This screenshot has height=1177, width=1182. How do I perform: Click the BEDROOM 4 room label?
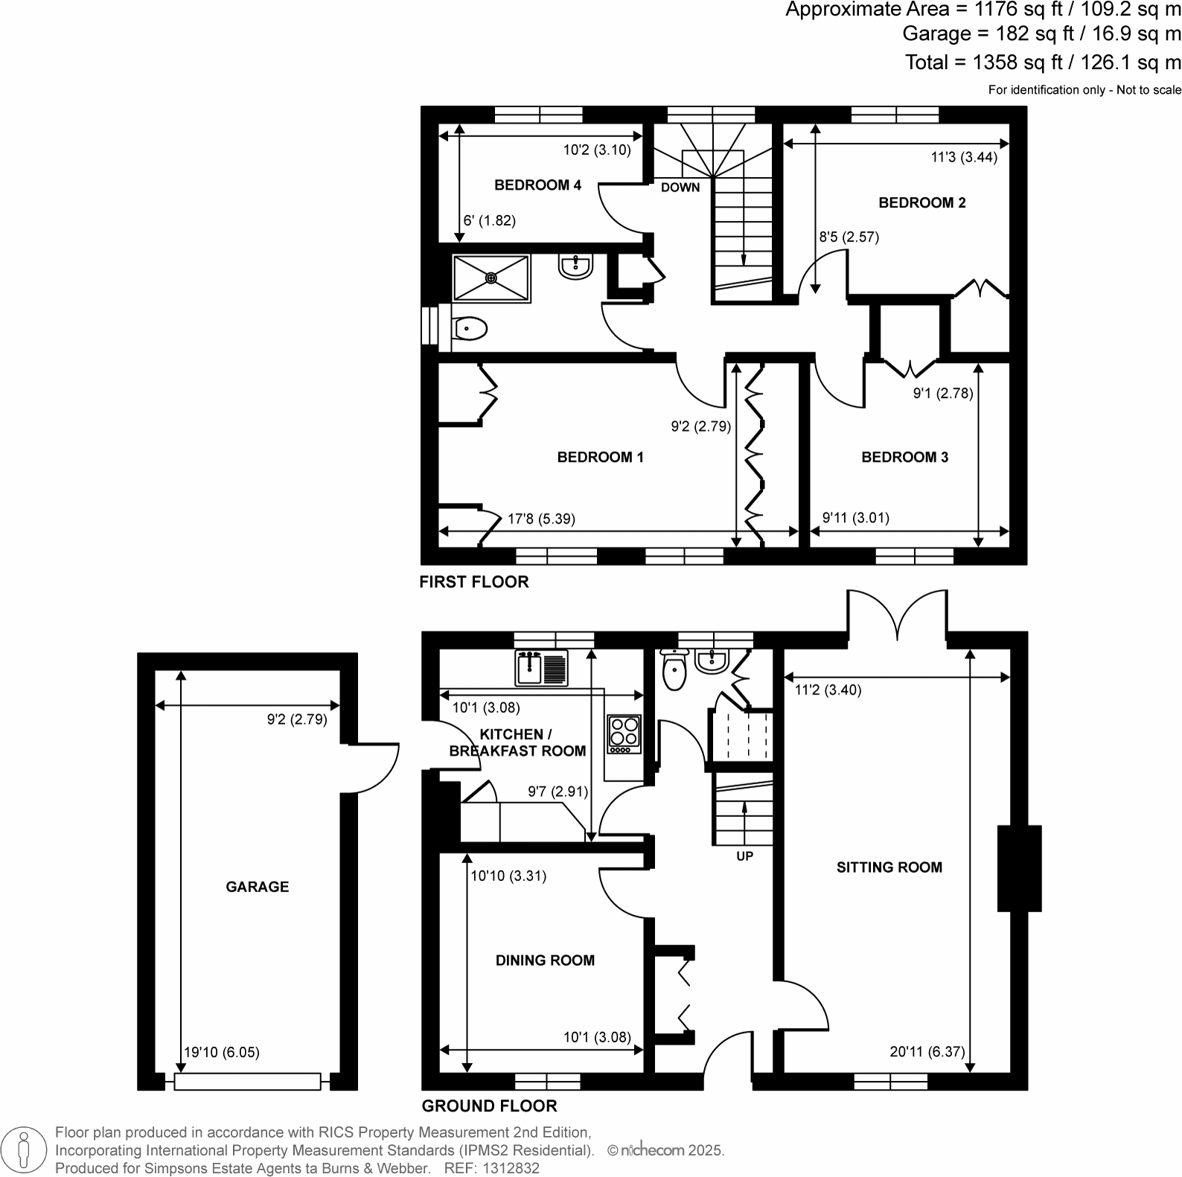[537, 185]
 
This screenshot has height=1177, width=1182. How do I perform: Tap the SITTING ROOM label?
[889, 867]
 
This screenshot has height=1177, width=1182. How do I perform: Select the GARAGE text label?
[258, 887]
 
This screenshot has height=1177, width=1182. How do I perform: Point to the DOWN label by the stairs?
[680, 187]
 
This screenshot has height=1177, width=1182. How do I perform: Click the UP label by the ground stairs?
[744, 856]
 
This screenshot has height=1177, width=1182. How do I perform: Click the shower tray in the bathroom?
[491, 278]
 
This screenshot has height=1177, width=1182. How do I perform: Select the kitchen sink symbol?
[541, 667]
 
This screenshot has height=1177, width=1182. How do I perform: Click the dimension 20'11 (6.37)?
[927, 1052]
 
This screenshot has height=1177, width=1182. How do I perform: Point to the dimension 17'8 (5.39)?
[541, 519]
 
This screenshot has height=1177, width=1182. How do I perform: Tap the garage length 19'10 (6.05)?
[222, 1053]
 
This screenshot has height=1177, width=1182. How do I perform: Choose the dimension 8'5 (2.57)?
[849, 237]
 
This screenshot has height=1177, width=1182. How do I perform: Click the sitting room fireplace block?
[1018, 868]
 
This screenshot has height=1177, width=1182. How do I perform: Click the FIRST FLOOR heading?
[473, 583]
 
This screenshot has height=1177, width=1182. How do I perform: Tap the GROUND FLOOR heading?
[489, 1106]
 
